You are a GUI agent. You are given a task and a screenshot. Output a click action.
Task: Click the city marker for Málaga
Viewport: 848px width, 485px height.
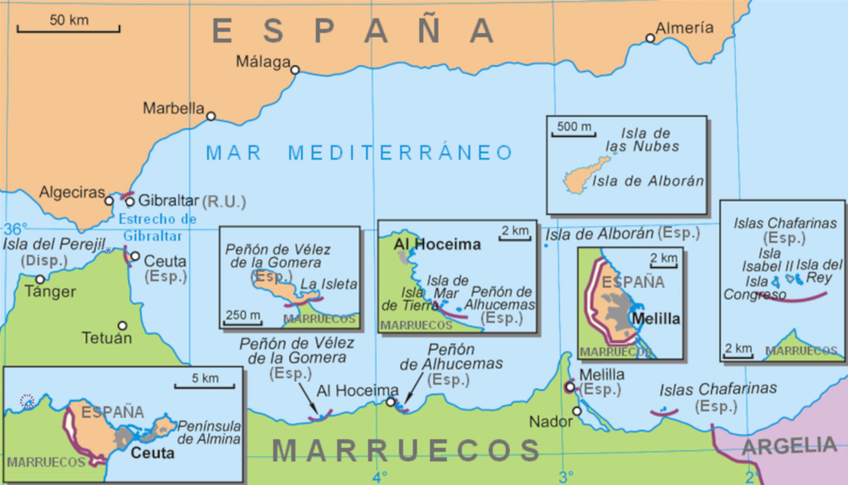295,70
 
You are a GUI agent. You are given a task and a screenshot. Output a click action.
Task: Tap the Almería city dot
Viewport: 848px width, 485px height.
650,38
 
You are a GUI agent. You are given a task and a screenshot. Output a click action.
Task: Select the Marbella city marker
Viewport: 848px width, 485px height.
211,116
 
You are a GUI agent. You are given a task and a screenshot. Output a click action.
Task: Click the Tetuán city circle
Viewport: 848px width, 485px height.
122,326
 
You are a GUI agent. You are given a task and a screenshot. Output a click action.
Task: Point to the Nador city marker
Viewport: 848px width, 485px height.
577,411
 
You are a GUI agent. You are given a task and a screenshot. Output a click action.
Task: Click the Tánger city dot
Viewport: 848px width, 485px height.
40,279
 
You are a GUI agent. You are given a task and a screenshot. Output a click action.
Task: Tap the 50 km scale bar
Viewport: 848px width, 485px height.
68,28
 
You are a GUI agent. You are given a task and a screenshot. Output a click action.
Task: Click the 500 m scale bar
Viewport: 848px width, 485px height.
574,135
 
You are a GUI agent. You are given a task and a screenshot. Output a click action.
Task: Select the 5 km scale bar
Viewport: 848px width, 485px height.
204,387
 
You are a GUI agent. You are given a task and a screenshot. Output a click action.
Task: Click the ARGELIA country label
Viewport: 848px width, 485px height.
789,446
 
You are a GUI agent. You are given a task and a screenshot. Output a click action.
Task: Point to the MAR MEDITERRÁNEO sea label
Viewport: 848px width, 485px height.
359,153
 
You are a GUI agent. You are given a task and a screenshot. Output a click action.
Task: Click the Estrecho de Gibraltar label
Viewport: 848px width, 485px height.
157,227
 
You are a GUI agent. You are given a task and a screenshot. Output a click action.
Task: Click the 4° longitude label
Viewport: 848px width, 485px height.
380,477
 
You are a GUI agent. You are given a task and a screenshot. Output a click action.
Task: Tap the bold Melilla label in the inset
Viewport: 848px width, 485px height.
656,319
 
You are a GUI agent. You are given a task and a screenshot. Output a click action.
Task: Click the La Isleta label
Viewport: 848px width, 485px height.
328,284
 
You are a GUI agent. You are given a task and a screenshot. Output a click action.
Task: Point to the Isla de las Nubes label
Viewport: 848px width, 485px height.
643,140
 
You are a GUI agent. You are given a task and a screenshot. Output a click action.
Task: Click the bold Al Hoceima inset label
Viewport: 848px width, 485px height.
437,244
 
